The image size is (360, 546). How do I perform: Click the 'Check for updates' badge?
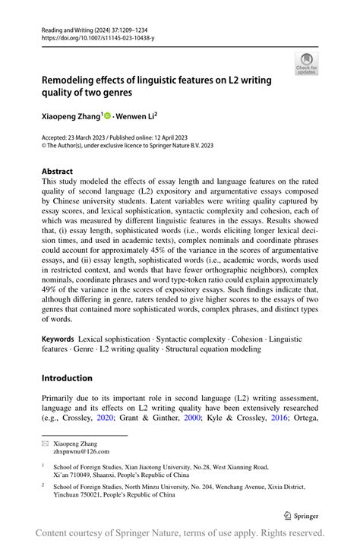[x=307, y=64]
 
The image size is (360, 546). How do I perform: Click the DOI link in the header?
[x=98, y=36]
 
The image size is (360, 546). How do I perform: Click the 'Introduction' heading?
[x=67, y=377]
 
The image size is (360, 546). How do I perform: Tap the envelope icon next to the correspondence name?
[x=45, y=441]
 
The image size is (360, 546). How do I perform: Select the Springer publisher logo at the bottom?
[x=305, y=515]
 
